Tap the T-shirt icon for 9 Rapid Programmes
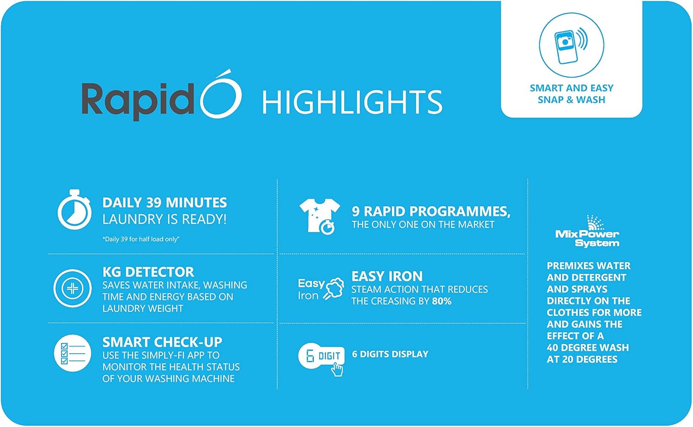(319, 217)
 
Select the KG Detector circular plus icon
(73, 288)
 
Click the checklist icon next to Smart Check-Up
(73, 353)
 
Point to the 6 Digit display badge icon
(322, 359)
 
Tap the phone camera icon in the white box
(571, 45)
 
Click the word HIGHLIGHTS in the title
(353, 102)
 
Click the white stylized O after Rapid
(220, 94)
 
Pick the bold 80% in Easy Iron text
(442, 301)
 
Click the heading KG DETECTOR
(148, 272)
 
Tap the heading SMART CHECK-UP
(163, 342)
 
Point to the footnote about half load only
(141, 239)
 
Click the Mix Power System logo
(587, 232)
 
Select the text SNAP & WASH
(571, 100)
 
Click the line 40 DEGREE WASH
(588, 348)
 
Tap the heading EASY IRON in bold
(387, 276)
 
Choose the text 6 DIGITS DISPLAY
(390, 354)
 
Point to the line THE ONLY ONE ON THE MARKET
(423, 225)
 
